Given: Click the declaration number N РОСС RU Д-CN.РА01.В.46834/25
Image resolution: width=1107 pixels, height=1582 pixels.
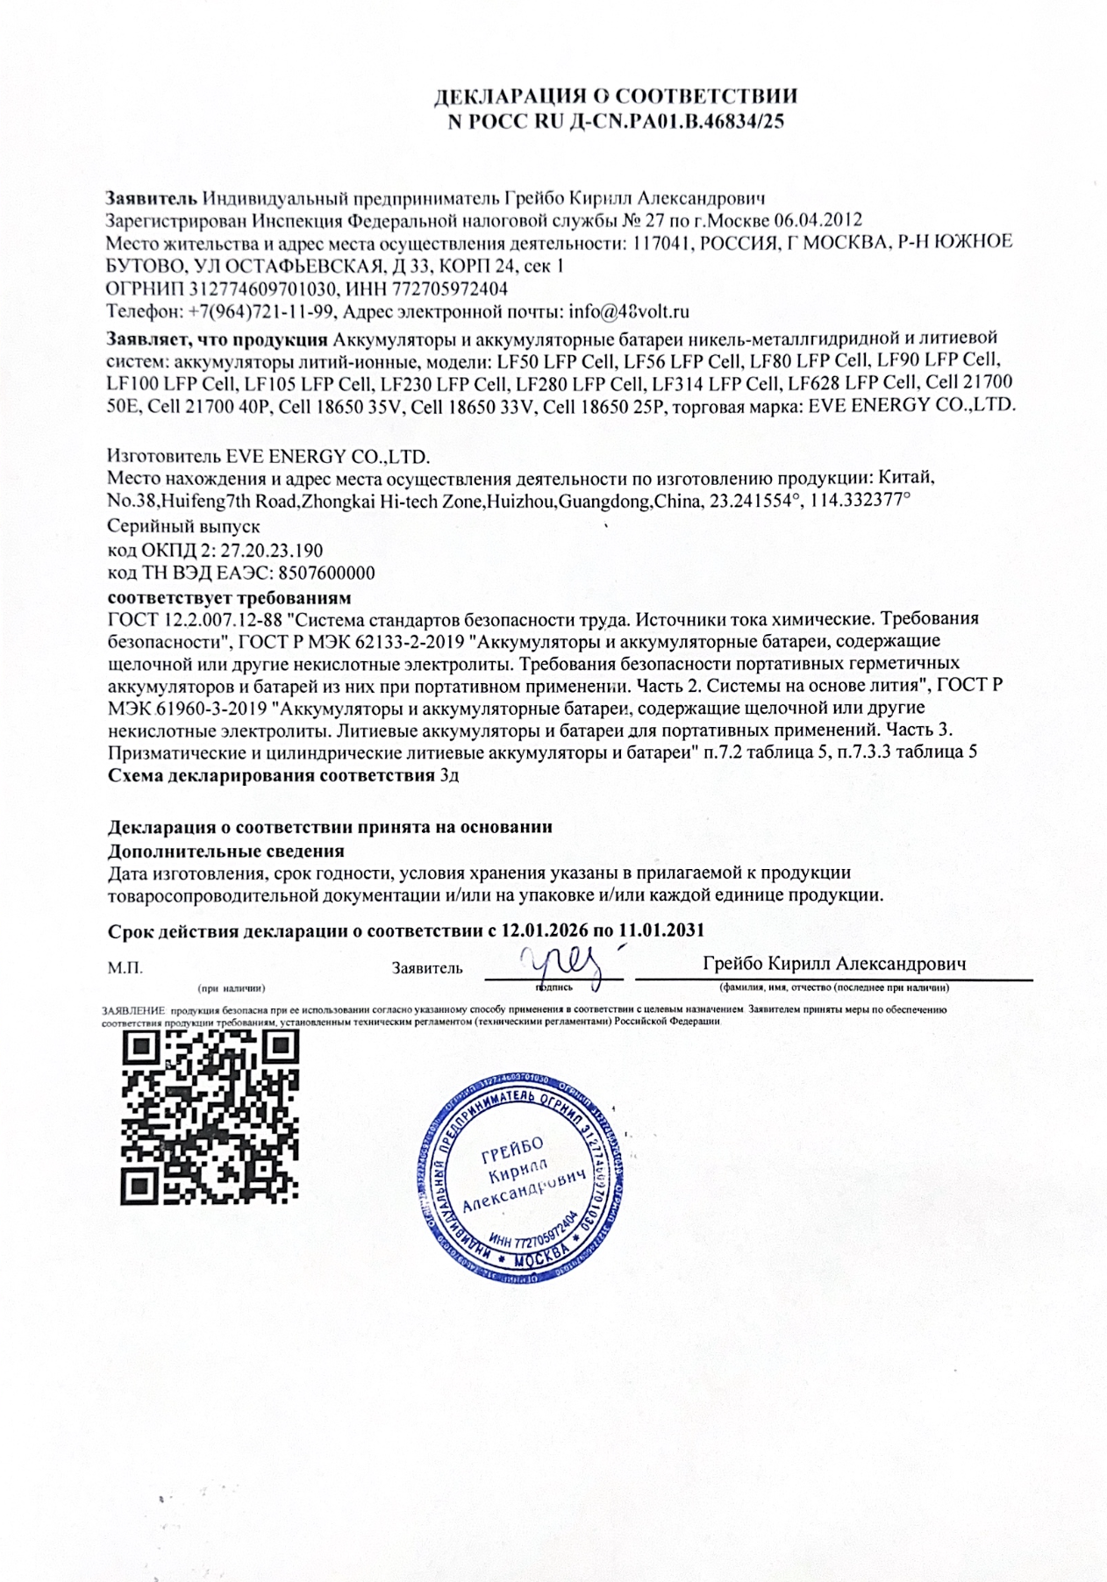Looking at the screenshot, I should click(616, 122).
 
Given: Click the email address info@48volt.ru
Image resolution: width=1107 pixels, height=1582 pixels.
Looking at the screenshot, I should click(629, 311).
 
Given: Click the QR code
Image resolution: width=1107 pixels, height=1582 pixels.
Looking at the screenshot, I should click(210, 1115).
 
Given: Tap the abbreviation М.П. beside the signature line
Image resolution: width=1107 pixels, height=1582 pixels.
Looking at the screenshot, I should click(125, 968).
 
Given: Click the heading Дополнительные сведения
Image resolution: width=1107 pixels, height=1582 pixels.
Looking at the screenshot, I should click(225, 851).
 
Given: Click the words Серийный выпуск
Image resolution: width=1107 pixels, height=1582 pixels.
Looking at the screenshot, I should click(183, 527).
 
